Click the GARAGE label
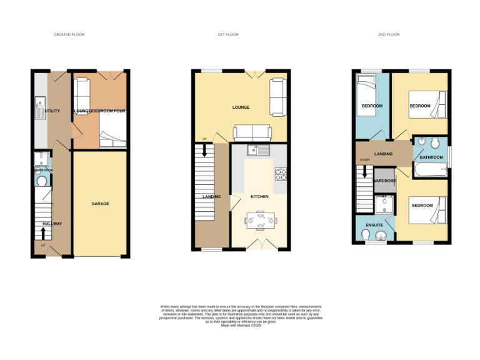click(100, 204)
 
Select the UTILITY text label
click(52, 111)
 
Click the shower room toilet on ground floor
click(42, 181)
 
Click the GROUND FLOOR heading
click(69, 34)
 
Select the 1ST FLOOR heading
click(228, 34)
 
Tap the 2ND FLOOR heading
click(389, 34)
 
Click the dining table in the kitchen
click(259, 220)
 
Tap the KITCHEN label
click(259, 196)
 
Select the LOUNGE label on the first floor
click(241, 107)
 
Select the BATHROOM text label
click(431, 157)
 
